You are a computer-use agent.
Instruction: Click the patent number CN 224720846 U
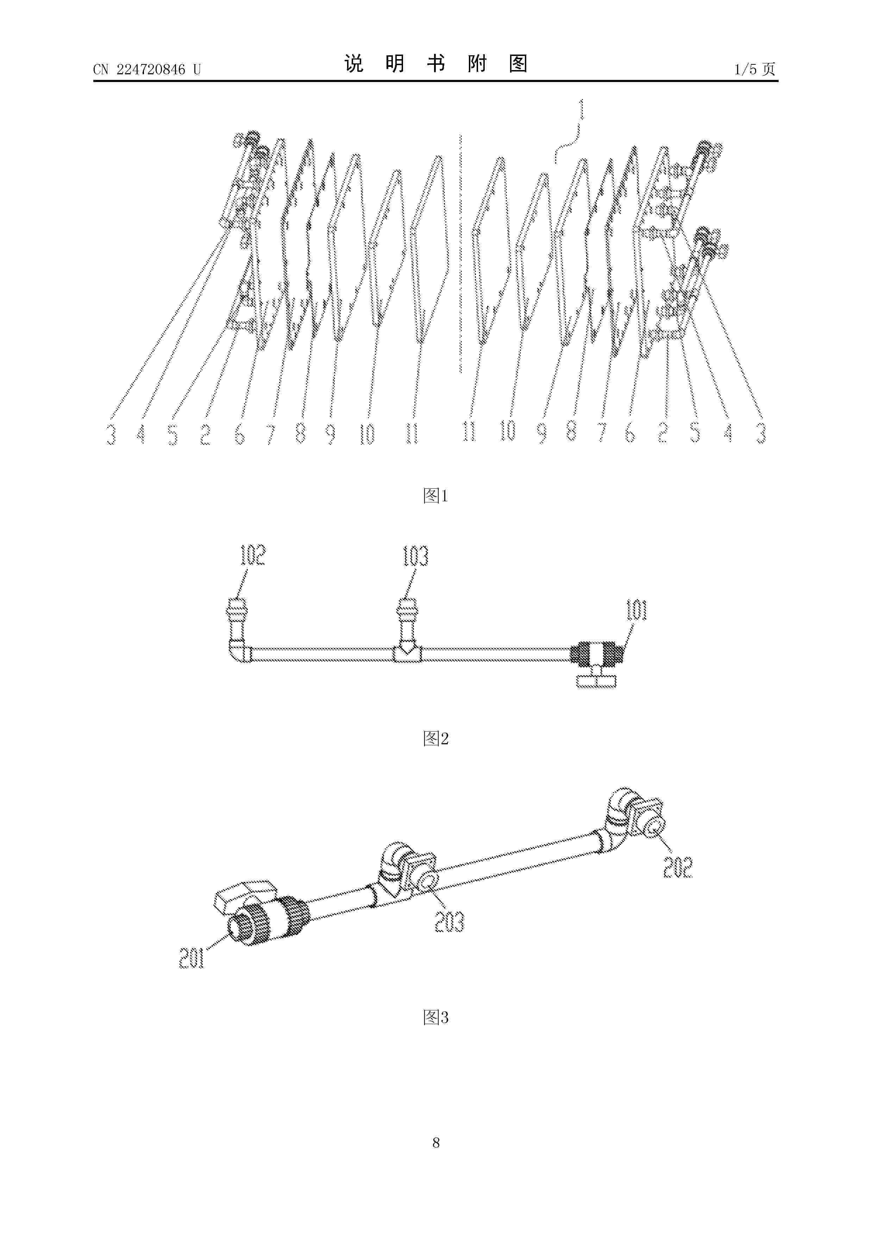point(147,69)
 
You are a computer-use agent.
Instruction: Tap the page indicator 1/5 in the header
point(746,69)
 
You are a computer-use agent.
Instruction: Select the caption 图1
point(436,495)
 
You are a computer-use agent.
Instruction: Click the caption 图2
point(436,739)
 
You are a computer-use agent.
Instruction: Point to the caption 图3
point(436,1017)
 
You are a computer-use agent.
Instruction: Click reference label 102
point(253,556)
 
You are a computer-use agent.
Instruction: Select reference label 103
point(415,556)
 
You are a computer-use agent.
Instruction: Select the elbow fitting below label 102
point(238,649)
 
